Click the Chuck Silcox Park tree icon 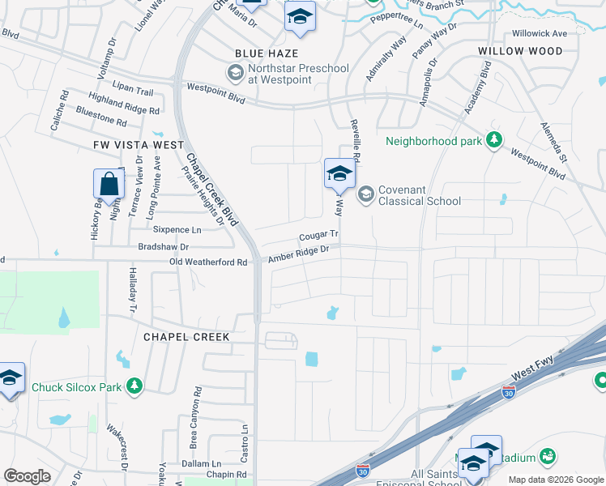pyautogui.click(x=134, y=386)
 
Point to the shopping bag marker pyautogui.click(x=109, y=186)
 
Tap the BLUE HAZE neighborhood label pyautogui.click(x=261, y=53)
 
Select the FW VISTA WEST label pyautogui.click(x=132, y=143)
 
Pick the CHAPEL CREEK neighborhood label pyautogui.click(x=187, y=336)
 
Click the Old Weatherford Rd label pyautogui.click(x=208, y=262)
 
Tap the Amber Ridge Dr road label pyautogui.click(x=299, y=254)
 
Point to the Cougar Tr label pyautogui.click(x=318, y=236)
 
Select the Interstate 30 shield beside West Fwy pyautogui.click(x=508, y=392)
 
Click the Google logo pyautogui.click(x=27, y=475)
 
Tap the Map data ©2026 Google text pyautogui.click(x=556, y=480)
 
